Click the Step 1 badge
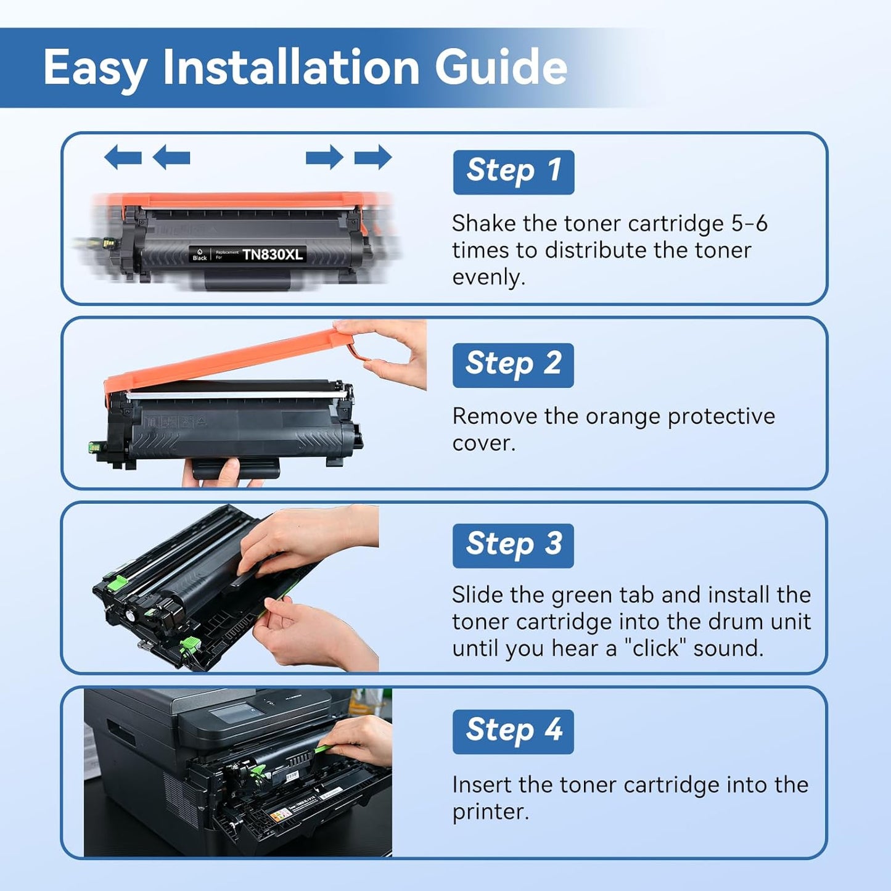[x=513, y=172]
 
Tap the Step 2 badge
[x=513, y=365]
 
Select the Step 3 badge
[x=513, y=546]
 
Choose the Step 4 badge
[x=513, y=731]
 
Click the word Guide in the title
[x=501, y=67]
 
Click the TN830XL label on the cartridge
[x=273, y=255]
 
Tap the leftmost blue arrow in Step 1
[x=123, y=157]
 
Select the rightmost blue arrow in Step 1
[x=373, y=157]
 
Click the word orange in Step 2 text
[x=623, y=416]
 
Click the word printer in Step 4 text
[x=490, y=811]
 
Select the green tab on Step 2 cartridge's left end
[x=96, y=446]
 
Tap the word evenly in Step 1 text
[x=488, y=277]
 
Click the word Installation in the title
[x=291, y=67]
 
